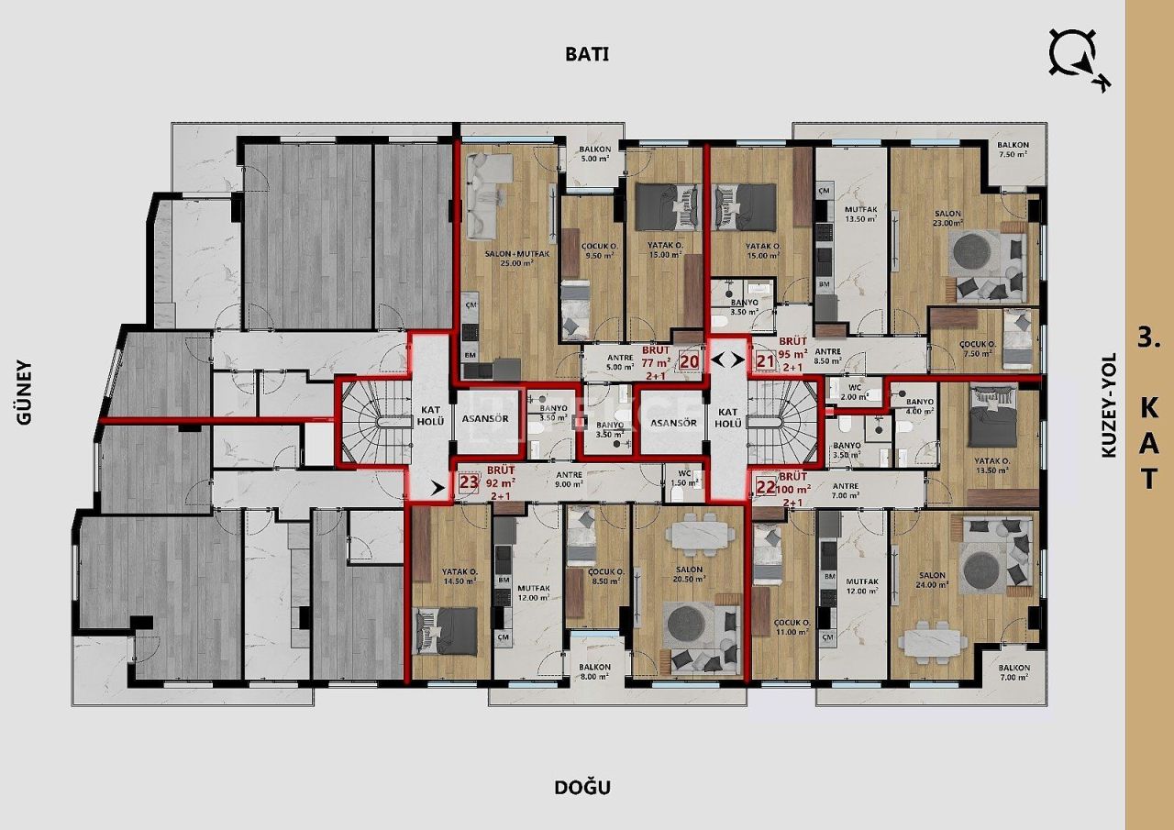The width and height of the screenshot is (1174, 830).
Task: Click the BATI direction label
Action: (x=587, y=53)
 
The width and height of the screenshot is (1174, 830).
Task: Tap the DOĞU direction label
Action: (x=581, y=787)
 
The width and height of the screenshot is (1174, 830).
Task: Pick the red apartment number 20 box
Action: (x=690, y=361)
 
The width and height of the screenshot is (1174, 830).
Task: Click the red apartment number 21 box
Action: (x=765, y=361)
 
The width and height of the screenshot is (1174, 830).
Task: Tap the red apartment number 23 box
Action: (x=469, y=483)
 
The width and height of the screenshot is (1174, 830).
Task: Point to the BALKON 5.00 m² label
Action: (x=594, y=154)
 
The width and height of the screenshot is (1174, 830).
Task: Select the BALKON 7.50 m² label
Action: (x=1013, y=149)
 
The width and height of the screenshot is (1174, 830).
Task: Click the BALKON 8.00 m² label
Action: (x=594, y=671)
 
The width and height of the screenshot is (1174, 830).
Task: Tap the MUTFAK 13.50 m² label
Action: (x=861, y=215)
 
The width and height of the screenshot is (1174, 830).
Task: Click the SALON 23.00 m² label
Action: (x=947, y=219)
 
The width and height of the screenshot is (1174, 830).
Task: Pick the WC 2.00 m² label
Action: (x=854, y=392)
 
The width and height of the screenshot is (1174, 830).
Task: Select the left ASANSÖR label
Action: (x=487, y=423)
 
